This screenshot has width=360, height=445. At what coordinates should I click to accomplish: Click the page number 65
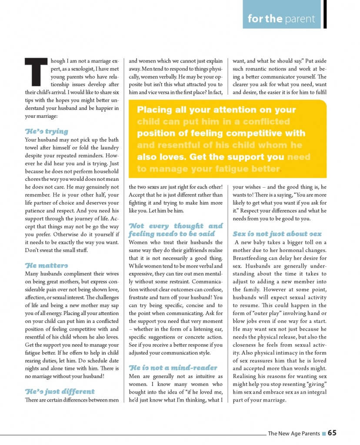coord(332,433)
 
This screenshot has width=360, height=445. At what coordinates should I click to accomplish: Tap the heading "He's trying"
coord(47,131)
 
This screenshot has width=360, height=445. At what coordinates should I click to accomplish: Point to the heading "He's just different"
coord(60,391)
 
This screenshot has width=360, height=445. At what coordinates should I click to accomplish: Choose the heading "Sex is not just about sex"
coord(277,233)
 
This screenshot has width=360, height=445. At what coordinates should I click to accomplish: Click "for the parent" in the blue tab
coord(281,19)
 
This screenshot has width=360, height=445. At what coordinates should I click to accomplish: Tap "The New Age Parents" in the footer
coord(293,433)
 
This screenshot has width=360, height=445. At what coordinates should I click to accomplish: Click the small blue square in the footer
coord(323,433)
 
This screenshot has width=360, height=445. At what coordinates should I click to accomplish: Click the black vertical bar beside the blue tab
coord(325,14)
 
